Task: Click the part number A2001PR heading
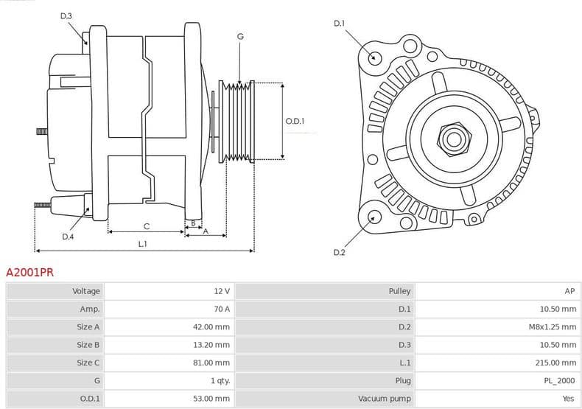(29, 272)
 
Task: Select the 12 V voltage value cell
(221, 291)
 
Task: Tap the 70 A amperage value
(221, 309)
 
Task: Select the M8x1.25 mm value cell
(553, 326)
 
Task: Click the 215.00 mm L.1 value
(556, 363)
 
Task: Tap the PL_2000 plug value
(559, 380)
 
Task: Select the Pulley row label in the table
(399, 291)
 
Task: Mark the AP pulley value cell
(569, 291)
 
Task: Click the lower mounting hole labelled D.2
(374, 217)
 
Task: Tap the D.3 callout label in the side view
(66, 15)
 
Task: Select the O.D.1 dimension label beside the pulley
(295, 122)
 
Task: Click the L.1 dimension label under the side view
(142, 243)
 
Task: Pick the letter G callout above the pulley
(240, 36)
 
